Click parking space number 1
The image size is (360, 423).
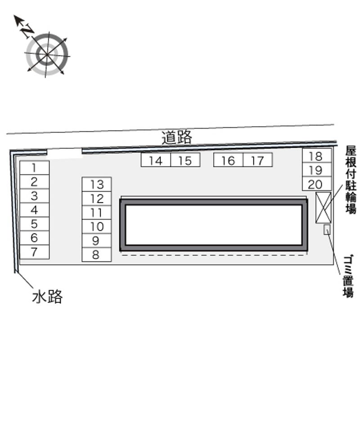pos(34,168)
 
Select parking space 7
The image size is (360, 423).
pos(34,252)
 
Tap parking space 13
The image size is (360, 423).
pos(97,184)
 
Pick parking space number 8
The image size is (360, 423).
pos(97,255)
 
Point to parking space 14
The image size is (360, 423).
pos(156,160)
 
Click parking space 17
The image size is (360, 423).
pos(258,160)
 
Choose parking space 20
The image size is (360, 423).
pos(317,184)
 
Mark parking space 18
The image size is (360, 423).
pos(317,156)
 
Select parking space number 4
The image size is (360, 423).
pos(34,210)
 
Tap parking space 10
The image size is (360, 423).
pos(97,227)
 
